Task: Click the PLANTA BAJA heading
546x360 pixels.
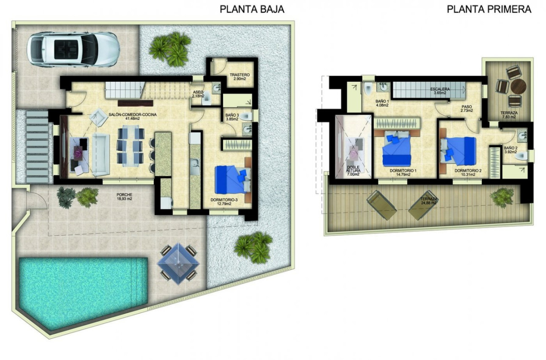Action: coord(252,9)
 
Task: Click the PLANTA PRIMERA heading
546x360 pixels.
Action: coord(489,9)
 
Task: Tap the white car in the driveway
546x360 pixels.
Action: coord(73,49)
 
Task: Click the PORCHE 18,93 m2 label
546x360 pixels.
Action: coord(124,197)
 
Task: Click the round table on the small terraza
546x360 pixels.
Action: coord(518,86)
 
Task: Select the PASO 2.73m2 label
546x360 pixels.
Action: coord(467,109)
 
